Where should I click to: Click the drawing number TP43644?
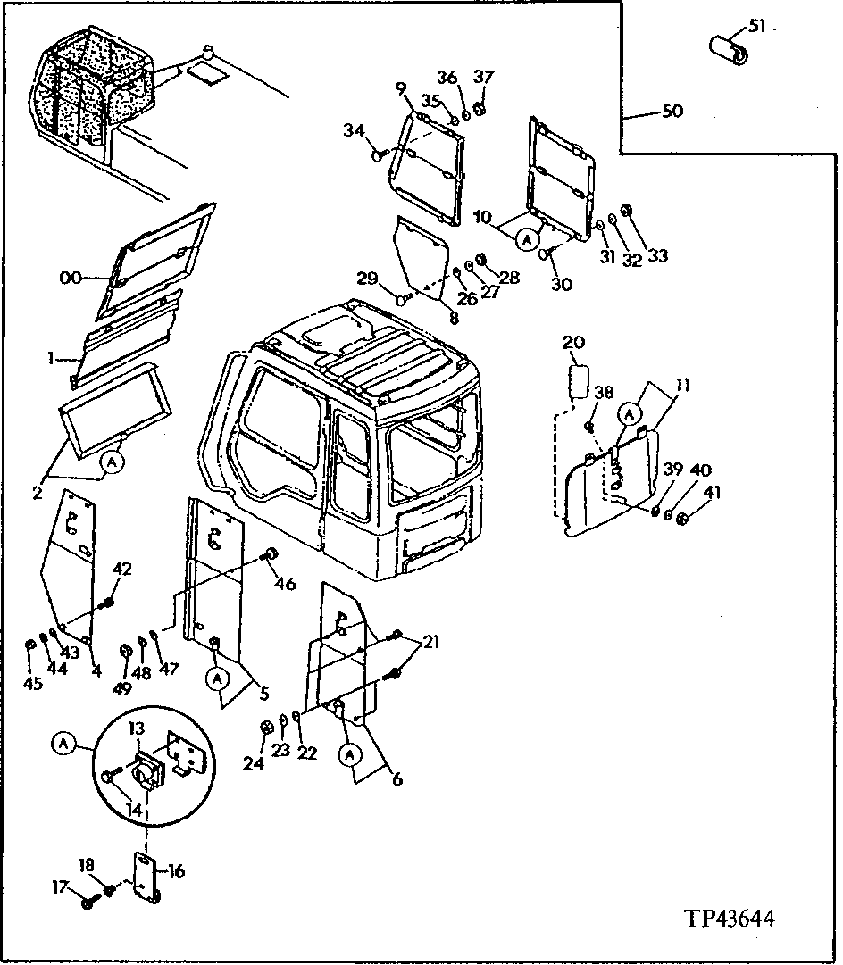pyautogui.click(x=729, y=919)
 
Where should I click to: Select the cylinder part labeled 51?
pyautogui.click(x=729, y=48)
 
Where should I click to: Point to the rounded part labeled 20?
pyautogui.click(x=578, y=381)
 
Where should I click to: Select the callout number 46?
pyautogui.click(x=285, y=585)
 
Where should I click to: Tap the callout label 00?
pyautogui.click(x=71, y=279)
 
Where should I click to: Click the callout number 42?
pyautogui.click(x=121, y=568)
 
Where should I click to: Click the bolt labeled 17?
pyautogui.click(x=88, y=903)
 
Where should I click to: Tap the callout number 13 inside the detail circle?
pyautogui.click(x=134, y=729)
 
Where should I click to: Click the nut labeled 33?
pyautogui.click(x=626, y=211)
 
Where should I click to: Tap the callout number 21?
pyautogui.click(x=431, y=642)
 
